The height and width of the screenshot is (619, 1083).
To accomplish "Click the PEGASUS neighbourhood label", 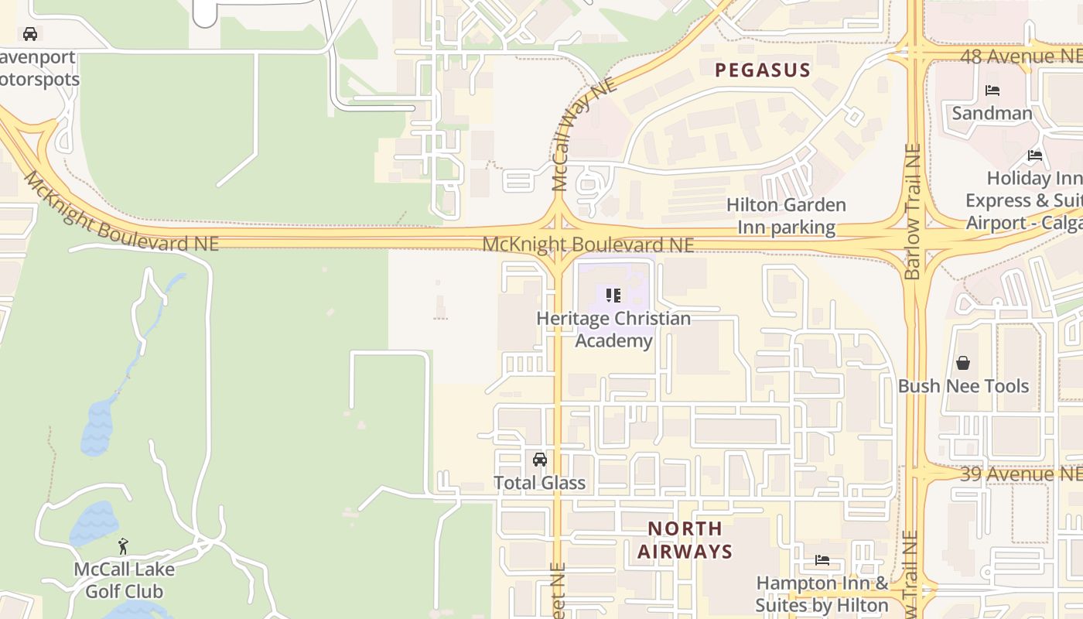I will (x=762, y=70).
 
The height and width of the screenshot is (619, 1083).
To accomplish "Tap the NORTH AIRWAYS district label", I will (x=685, y=540).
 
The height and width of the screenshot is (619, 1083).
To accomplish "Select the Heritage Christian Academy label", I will (x=613, y=330).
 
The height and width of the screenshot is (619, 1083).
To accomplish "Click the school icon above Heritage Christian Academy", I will (x=613, y=295).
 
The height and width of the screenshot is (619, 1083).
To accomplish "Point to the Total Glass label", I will (x=539, y=483).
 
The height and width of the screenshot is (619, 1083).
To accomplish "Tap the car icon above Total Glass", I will (x=540, y=460).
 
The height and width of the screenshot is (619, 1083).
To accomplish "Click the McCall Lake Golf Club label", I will (x=124, y=580).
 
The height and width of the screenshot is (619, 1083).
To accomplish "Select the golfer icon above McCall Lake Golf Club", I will (x=123, y=546).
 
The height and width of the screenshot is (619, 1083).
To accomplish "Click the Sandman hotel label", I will (x=992, y=113).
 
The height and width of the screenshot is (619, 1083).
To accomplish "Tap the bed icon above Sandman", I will (x=992, y=91).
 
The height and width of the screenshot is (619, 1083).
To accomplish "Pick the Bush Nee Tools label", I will (x=963, y=385).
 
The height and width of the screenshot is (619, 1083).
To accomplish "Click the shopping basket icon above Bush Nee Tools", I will (x=963, y=362).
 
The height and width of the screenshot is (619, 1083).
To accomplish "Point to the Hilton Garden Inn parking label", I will (x=786, y=216).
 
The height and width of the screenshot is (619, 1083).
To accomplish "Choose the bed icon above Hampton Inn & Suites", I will (x=822, y=559).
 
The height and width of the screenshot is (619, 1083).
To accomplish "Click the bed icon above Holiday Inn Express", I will (x=1035, y=156).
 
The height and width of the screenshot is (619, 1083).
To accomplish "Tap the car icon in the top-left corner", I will (x=30, y=34).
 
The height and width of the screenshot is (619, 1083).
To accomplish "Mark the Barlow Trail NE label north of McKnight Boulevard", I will (x=914, y=210).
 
